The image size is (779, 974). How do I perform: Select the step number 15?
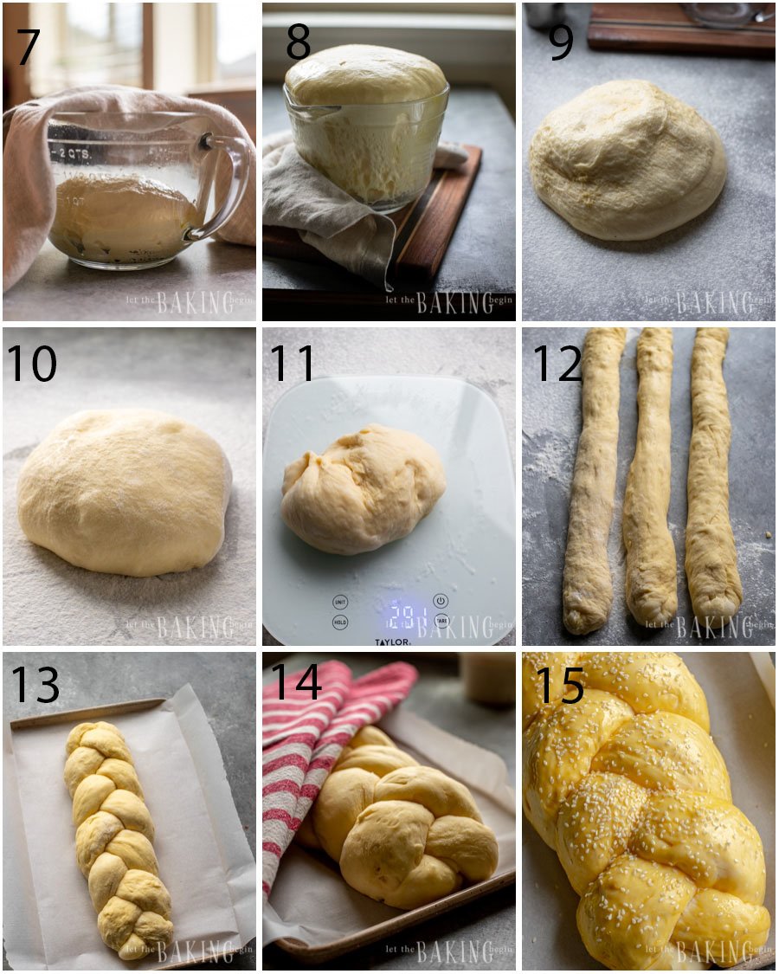(559, 685)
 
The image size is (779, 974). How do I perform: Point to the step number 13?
(35, 685)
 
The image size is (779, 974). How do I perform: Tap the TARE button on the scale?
(441, 621)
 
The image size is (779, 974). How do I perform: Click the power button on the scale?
(441, 600)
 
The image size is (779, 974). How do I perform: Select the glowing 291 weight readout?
(401, 616)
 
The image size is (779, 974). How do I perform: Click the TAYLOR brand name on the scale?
(392, 641)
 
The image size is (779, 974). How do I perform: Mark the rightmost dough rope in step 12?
(711, 476)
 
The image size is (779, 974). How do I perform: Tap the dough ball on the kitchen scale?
(364, 489)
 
